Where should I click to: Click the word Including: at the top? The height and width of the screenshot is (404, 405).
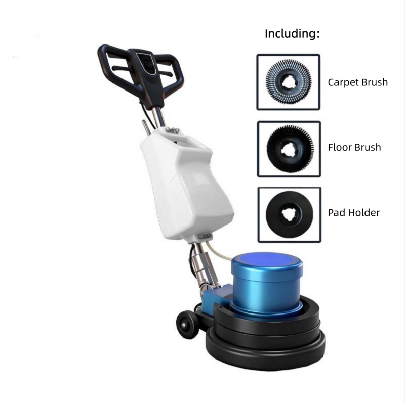pyautogui.click(x=292, y=34)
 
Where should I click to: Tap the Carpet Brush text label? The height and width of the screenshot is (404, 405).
pyautogui.click(x=357, y=82)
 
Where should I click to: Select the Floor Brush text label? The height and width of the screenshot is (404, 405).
pyautogui.click(x=354, y=148)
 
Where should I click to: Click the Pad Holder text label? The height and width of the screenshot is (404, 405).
pyautogui.click(x=354, y=213)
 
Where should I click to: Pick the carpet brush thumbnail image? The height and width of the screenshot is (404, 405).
pyautogui.click(x=289, y=82)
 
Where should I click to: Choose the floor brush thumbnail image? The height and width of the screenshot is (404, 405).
pyautogui.click(x=289, y=148)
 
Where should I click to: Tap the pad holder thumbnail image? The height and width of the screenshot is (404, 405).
pyautogui.click(x=289, y=214)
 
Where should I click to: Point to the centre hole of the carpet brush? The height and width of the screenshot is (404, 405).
pyautogui.click(x=289, y=82)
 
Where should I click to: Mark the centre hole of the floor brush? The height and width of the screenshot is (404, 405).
pyautogui.click(x=289, y=149)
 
